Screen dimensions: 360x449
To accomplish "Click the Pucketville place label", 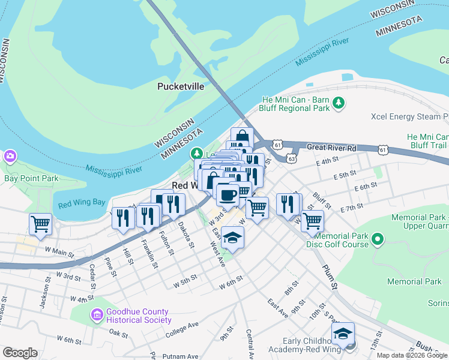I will tap(181, 86).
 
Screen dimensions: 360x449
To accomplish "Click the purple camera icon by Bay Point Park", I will tap(10, 157).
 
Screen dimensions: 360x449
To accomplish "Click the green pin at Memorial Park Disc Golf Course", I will tap(378, 241).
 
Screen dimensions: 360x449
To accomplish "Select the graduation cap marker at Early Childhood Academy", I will tap(343, 334).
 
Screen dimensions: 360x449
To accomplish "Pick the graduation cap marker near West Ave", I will tap(232, 238).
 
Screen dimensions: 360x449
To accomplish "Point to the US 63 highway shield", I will tap(291, 160).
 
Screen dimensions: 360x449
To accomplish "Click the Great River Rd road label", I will tap(331, 148).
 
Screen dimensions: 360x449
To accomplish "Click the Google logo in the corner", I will tap(20, 353).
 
